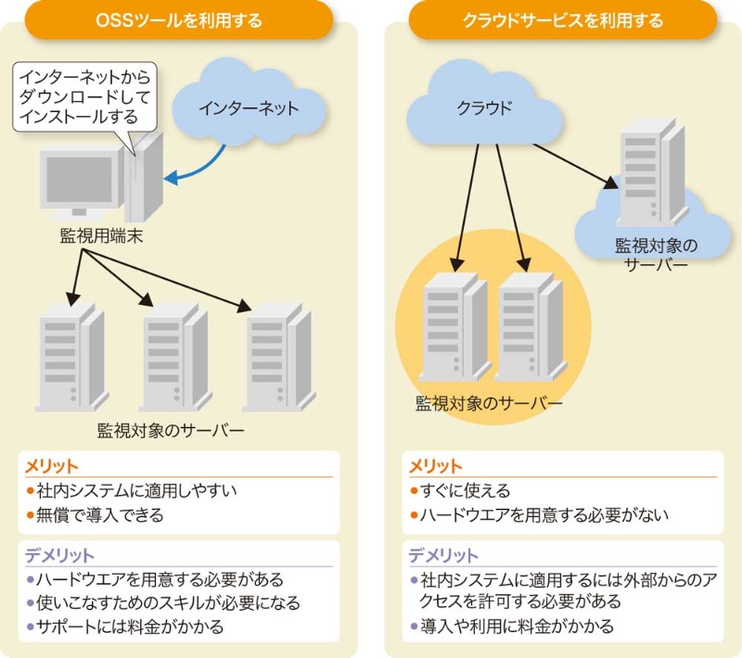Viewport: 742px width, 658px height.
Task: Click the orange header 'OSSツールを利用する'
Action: pos(179,19)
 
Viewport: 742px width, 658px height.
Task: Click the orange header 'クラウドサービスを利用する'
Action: pos(563,19)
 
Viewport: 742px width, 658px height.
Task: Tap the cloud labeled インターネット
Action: pos(249,108)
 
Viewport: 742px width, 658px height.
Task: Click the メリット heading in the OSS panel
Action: pos(52,466)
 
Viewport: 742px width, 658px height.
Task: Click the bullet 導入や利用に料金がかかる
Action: pos(517,626)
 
